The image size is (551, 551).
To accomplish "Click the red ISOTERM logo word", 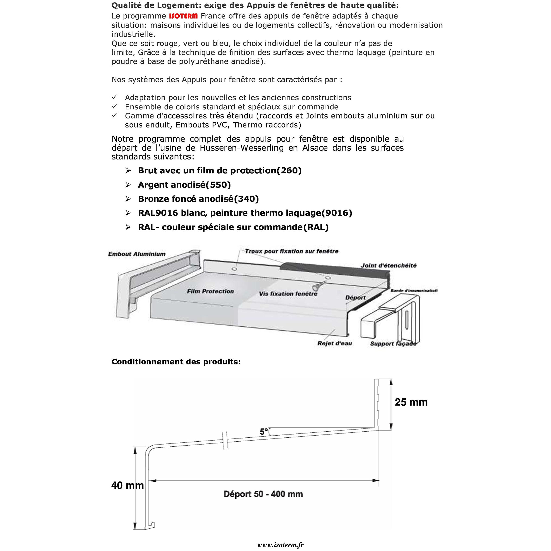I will pyautogui.click(x=183, y=16).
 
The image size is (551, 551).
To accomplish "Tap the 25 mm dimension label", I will pyautogui.click(x=411, y=402).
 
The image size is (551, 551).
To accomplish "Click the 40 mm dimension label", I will pyautogui.click(x=127, y=485).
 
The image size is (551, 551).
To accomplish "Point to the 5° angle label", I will pyautogui.click(x=264, y=431).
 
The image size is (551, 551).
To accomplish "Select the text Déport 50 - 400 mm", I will pyautogui.click(x=263, y=494).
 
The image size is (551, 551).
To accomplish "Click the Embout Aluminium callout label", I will pyautogui.click(x=137, y=254).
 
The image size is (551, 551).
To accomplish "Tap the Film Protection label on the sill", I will pyautogui.click(x=210, y=291).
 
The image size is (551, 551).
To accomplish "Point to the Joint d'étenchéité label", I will pyautogui.click(x=389, y=265).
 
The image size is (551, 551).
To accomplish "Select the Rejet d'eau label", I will pyautogui.click(x=334, y=343).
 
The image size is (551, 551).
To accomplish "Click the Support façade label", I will pyautogui.click(x=393, y=344).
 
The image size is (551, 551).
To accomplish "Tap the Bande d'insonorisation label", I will pyautogui.click(x=414, y=291).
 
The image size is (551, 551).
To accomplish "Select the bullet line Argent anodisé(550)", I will pyautogui.click(x=184, y=185).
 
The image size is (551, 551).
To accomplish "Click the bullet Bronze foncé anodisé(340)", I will pyautogui.click(x=198, y=199).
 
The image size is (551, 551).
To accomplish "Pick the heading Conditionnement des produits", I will pyautogui.click(x=176, y=362).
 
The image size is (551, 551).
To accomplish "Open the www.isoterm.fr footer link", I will pyautogui.click(x=280, y=545).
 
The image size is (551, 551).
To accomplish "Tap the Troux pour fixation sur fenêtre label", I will pyautogui.click(x=291, y=251).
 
